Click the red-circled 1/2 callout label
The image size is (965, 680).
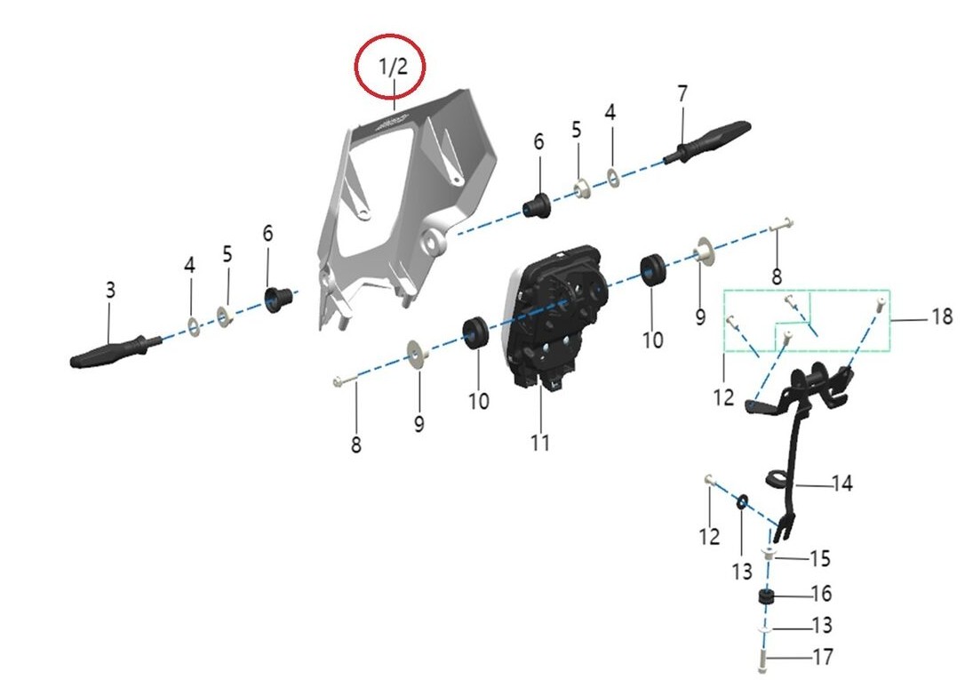click(393, 66)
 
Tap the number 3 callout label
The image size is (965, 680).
click(110, 290)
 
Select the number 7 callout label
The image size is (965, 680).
click(682, 94)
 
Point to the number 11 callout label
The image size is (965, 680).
click(539, 443)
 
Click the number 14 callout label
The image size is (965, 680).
click(842, 484)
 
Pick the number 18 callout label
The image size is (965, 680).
click(942, 317)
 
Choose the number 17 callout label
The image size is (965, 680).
click(823, 657)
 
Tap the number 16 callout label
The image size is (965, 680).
click(822, 594)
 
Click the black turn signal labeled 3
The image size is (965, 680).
click(116, 351)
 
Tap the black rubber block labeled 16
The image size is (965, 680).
click(766, 597)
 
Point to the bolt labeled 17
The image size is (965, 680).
click(763, 661)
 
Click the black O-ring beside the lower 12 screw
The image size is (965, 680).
click(742, 502)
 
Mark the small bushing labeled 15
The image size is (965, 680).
click(770, 552)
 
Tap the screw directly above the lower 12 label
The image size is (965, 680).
click(708, 480)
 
